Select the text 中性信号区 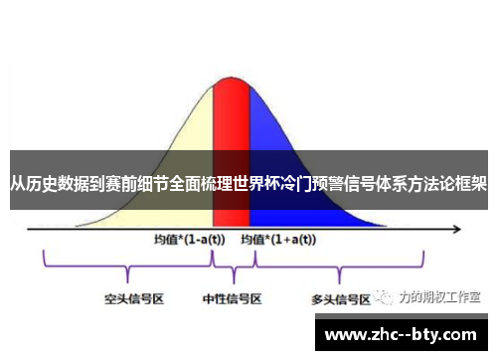tap(233, 297)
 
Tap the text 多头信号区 tap(341, 297)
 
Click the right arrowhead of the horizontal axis tap(459, 228)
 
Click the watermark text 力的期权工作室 tap(438, 296)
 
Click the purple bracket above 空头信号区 tap(127, 267)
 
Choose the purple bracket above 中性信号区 tap(234, 267)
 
